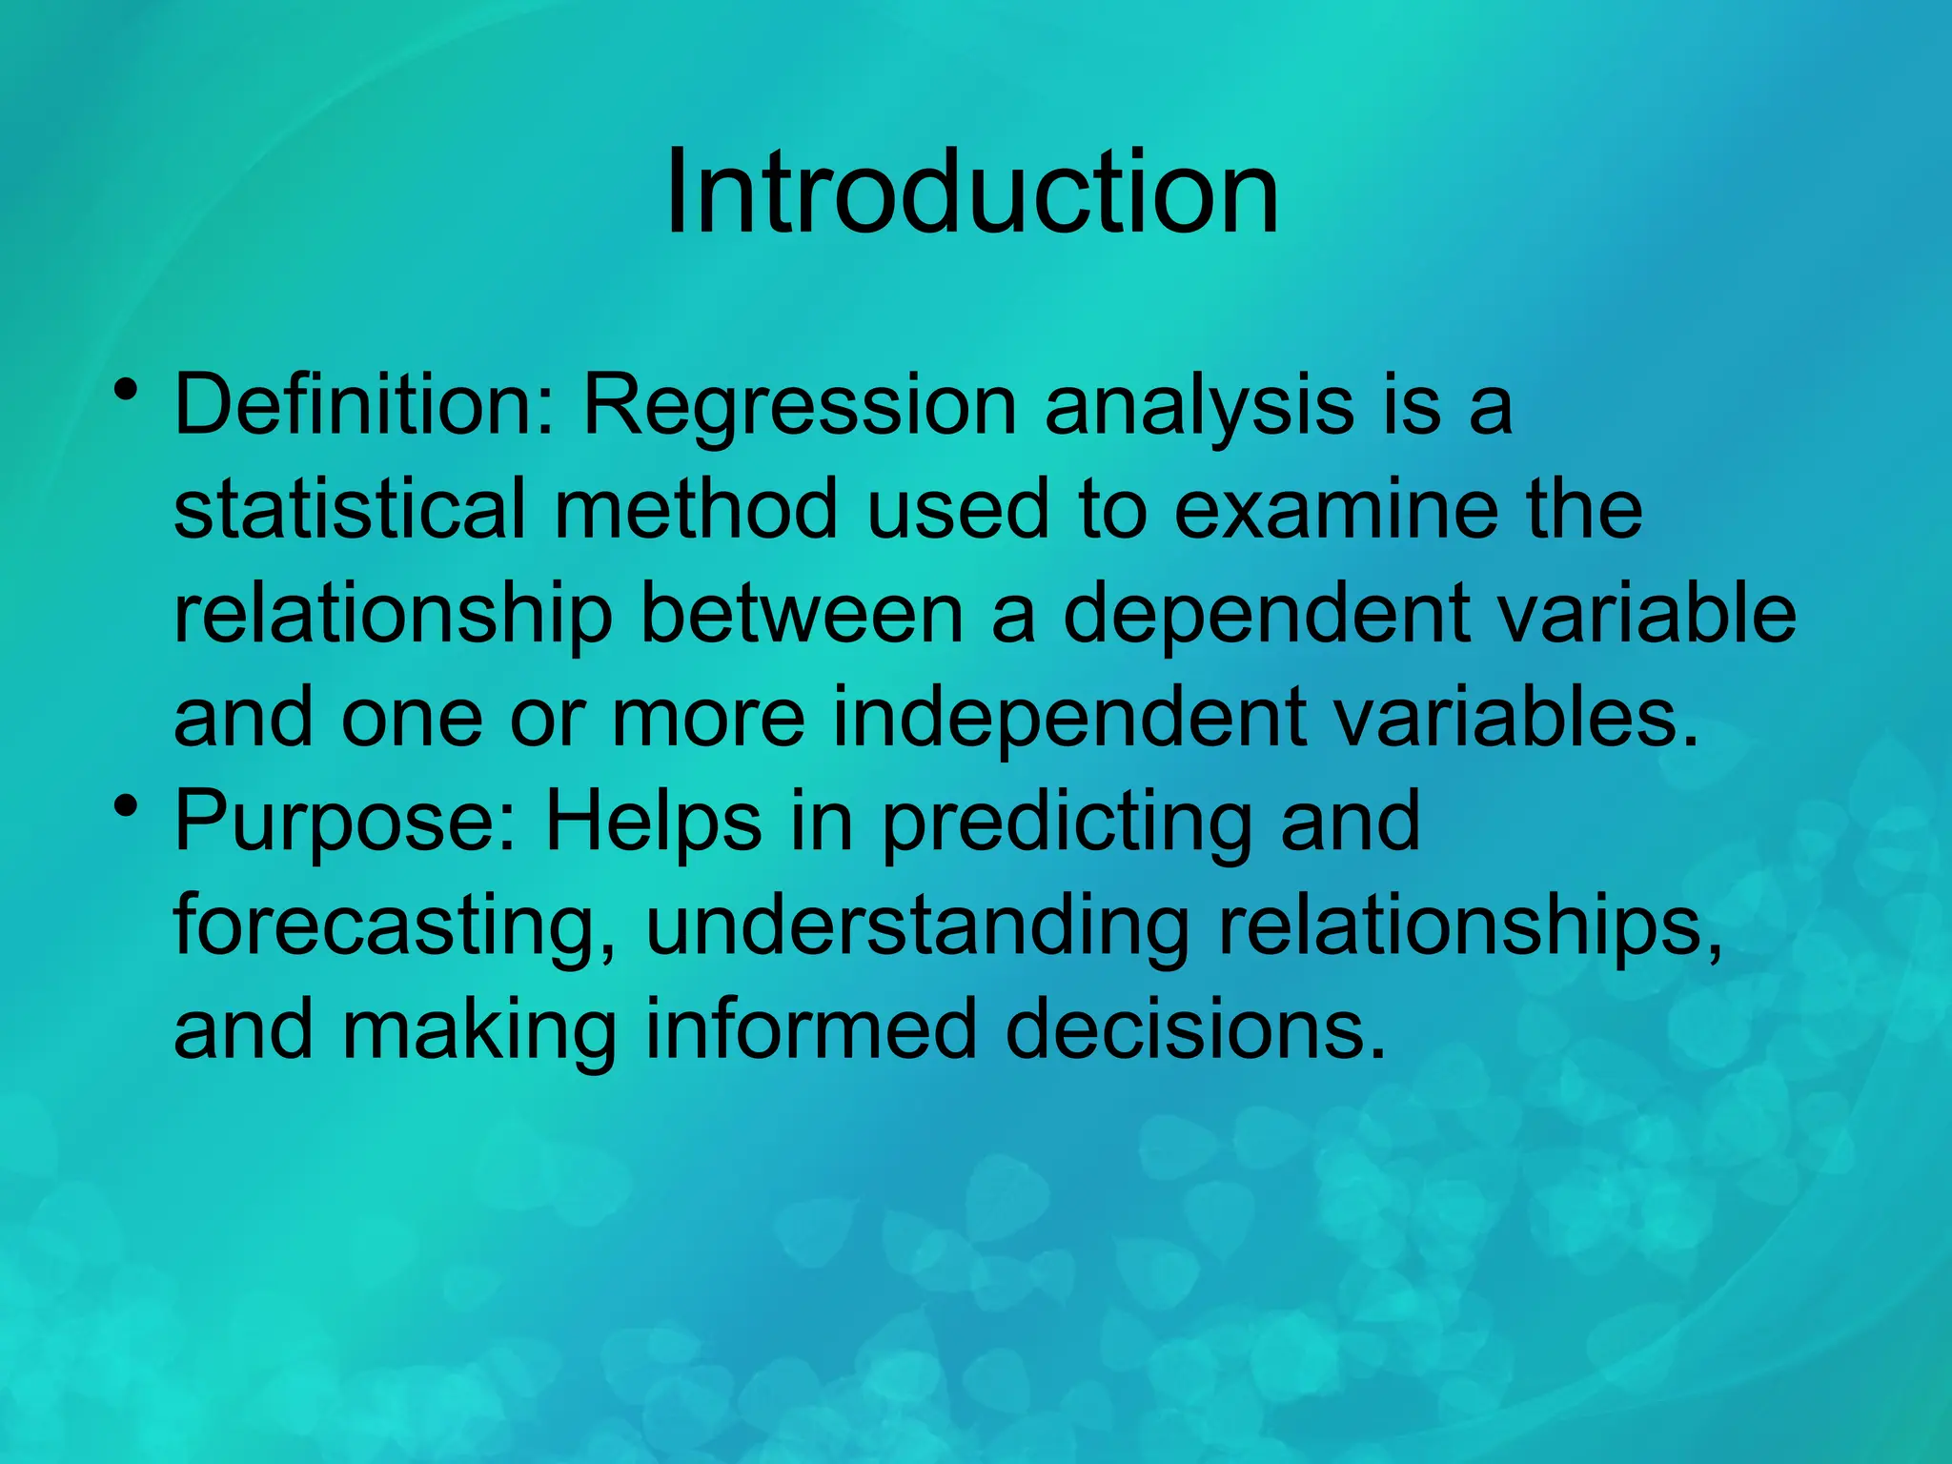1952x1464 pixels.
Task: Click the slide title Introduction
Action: (x=971, y=193)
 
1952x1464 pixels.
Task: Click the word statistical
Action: (x=350, y=509)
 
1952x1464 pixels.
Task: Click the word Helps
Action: (x=653, y=823)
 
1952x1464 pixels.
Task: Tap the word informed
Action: (x=811, y=1029)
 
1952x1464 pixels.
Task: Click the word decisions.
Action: (x=1195, y=1029)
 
